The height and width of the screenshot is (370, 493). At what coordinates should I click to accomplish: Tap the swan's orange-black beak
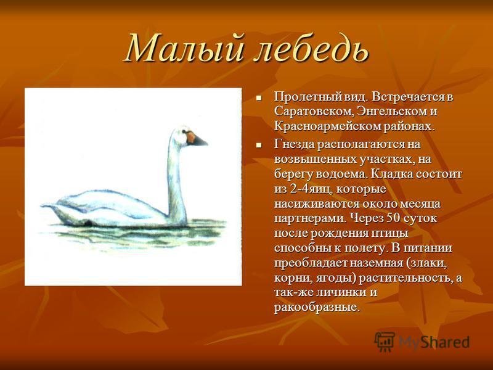click(x=197, y=139)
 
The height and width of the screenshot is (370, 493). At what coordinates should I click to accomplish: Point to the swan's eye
click(x=183, y=131)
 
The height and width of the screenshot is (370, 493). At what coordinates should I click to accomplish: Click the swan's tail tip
click(x=43, y=205)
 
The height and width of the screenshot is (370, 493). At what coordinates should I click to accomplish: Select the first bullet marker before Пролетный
click(x=259, y=98)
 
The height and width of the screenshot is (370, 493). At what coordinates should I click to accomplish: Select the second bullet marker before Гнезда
click(x=259, y=145)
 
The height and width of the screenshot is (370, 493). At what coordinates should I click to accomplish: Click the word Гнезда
click(x=293, y=145)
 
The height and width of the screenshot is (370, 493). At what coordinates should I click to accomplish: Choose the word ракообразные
click(x=316, y=307)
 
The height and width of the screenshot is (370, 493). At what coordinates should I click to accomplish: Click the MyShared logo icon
click(x=384, y=342)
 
